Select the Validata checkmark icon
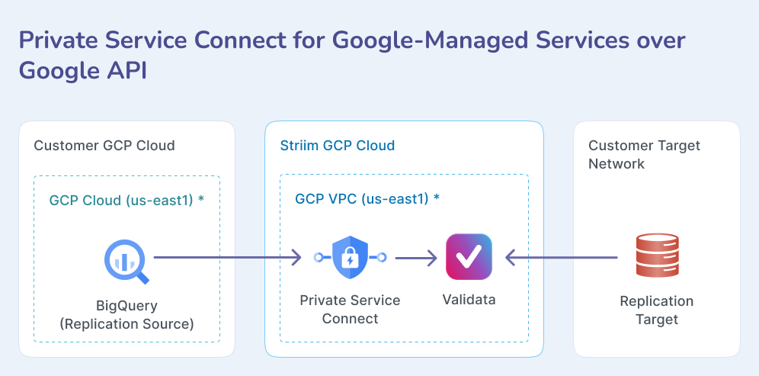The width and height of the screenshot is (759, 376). [x=469, y=258]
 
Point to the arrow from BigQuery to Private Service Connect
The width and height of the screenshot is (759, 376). [x=229, y=259]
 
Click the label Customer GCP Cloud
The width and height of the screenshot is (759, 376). [x=104, y=146]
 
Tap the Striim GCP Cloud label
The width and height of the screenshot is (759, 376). [x=337, y=146]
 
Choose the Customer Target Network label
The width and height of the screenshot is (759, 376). [x=644, y=155]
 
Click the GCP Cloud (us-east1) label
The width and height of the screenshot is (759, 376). [x=126, y=200]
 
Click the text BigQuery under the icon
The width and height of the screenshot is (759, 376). [x=126, y=306]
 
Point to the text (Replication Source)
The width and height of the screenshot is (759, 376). [x=126, y=324]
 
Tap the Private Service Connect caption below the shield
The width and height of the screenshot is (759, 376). [x=350, y=309]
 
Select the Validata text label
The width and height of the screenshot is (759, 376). [x=469, y=300]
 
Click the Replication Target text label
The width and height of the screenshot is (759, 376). [x=656, y=310]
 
